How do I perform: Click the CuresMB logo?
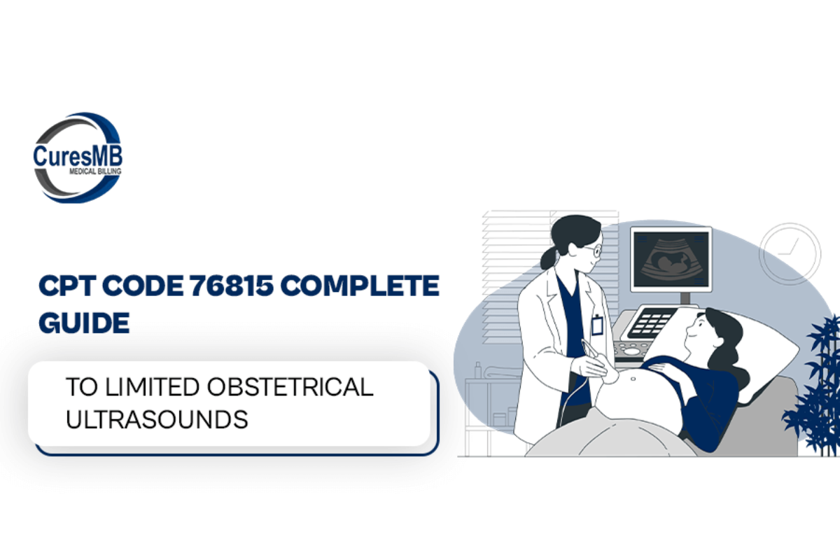tap(78, 158)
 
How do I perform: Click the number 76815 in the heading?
tap(231, 286)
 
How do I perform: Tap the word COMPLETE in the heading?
tap(360, 286)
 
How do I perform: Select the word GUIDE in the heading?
tap(84, 323)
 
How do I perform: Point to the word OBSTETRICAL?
tap(290, 386)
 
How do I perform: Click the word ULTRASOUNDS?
tap(157, 419)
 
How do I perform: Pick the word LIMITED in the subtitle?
tap(152, 386)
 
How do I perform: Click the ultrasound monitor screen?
tap(671, 259)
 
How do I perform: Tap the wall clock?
tap(790, 254)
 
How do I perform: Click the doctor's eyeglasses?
tap(594, 250)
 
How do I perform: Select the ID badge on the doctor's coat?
tap(597, 325)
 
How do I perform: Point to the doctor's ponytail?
tap(548, 258)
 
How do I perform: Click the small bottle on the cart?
tap(477, 370)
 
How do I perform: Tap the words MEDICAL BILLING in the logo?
tap(95, 171)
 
